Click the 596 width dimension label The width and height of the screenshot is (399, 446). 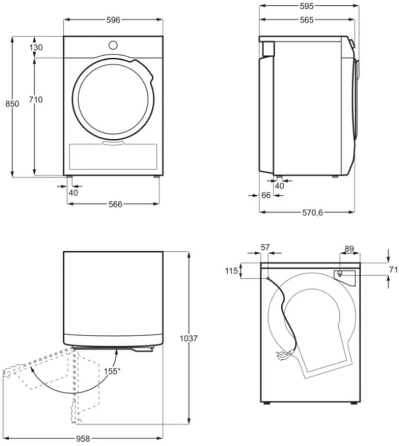coord(113,20)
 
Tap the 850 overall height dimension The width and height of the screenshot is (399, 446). coord(12,104)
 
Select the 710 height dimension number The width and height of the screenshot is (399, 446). coord(36,100)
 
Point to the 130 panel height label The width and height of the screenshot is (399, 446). coord(36,47)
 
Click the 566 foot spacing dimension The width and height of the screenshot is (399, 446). coord(116,204)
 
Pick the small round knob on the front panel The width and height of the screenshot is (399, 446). coord(113,45)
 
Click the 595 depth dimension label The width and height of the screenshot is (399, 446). coord(307,6)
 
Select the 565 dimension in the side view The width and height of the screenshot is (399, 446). coord(307,20)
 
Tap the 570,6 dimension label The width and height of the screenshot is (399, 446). coord(312,213)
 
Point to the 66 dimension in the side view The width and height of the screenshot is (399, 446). coord(266,196)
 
